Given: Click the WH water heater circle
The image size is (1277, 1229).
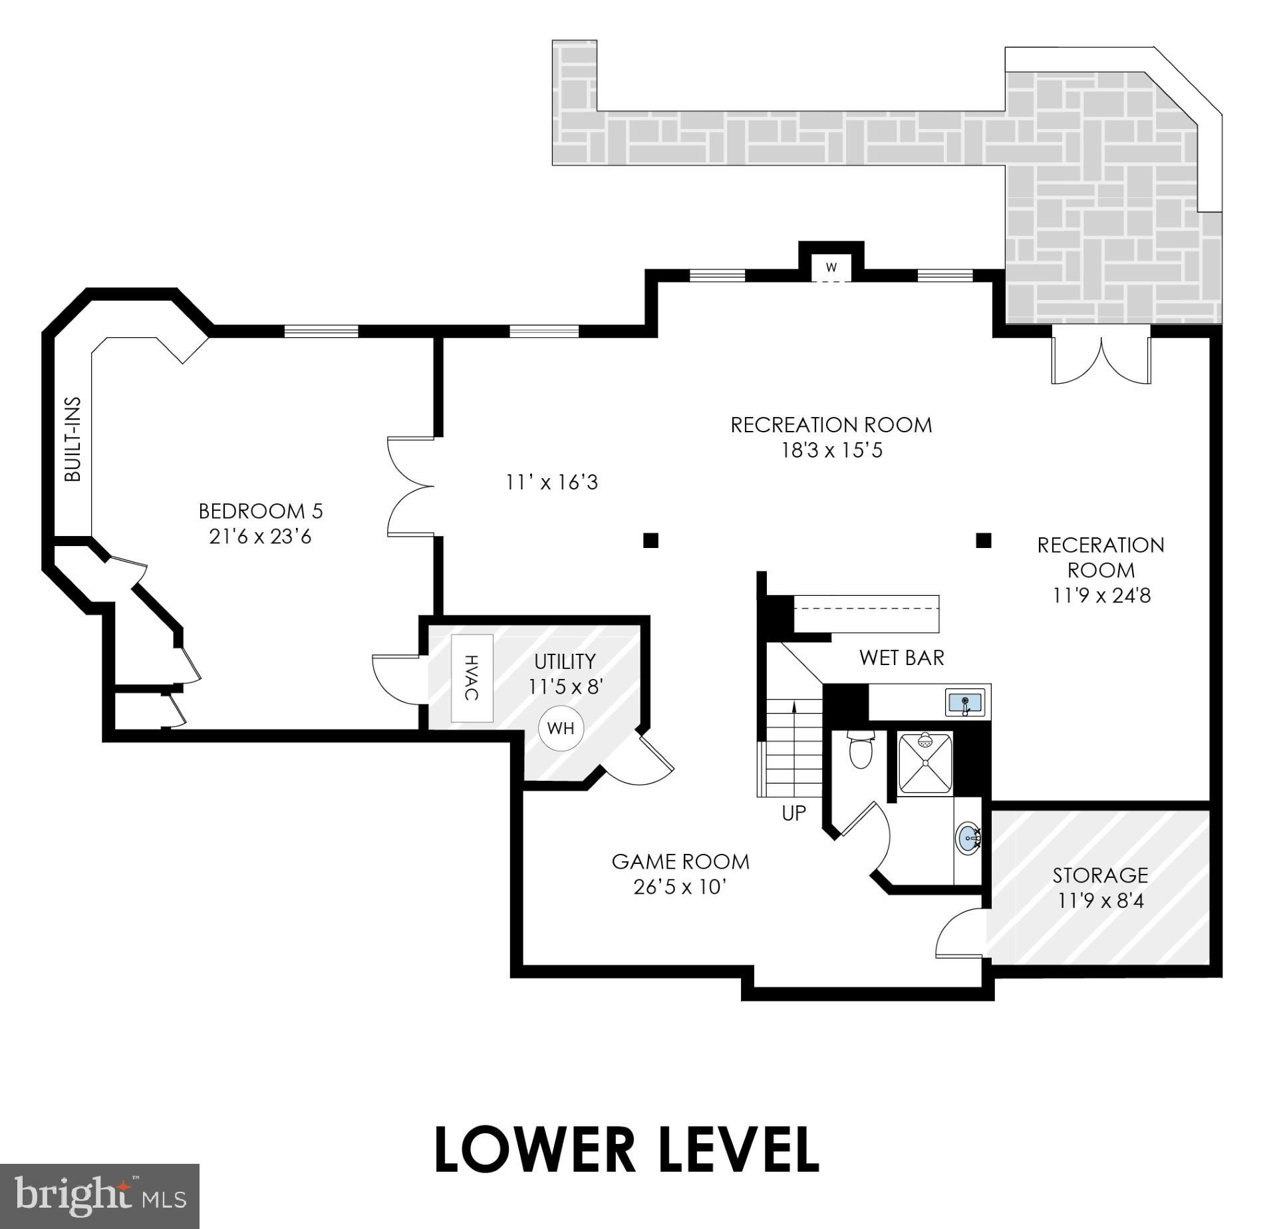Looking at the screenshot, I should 561,728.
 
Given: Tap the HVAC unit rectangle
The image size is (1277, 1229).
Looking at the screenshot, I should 472,678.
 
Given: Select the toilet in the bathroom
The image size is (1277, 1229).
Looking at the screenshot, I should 861,750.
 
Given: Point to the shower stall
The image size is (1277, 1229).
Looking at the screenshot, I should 925,763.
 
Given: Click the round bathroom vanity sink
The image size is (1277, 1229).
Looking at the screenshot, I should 968,839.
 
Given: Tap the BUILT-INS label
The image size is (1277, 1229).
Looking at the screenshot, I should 72,440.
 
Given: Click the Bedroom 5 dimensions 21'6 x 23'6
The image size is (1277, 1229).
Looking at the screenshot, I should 260,537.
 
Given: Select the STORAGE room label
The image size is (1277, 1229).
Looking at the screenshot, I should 1100,875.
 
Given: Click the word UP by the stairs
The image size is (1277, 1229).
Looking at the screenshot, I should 793,813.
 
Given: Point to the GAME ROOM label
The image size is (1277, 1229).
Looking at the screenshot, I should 680,862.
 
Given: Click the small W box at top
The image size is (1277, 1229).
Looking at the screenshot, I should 831,267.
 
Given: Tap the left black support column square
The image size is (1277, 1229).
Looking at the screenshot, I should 650,540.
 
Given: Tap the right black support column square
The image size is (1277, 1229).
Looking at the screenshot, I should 983,540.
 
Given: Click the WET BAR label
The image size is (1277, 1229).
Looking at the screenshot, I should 901,658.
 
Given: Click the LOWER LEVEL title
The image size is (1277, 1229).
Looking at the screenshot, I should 626,1150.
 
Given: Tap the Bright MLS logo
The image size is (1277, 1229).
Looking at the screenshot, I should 100,1196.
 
